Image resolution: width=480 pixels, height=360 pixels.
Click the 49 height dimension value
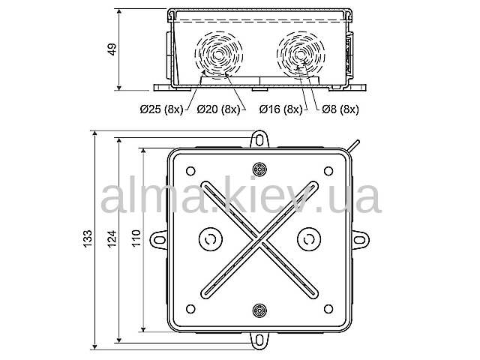pyautogui.click(x=112, y=49)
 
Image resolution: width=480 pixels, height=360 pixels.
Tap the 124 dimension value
pyautogui.click(x=112, y=238)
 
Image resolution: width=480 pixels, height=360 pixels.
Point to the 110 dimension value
pyautogui.click(x=136, y=238)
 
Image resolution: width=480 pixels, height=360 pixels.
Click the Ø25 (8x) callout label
pyautogui.click(x=161, y=109)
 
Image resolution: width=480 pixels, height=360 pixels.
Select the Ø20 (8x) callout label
pyautogui.click(x=218, y=109)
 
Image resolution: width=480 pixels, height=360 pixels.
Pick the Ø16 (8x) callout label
pyautogui.click(x=280, y=109)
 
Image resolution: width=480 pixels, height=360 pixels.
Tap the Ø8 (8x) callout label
pyautogui.click(x=340, y=109)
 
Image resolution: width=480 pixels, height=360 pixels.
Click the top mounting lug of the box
pyautogui.click(x=259, y=139)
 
